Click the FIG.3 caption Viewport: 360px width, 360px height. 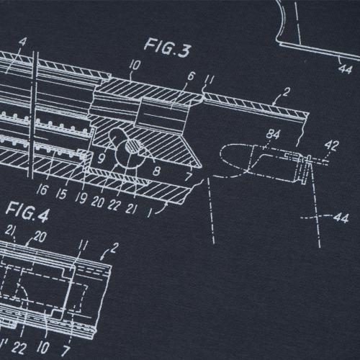pyautogui.click(x=168, y=48)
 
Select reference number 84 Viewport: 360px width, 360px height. pyautogui.click(x=273, y=135)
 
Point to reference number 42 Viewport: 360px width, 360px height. pyautogui.click(x=332, y=145)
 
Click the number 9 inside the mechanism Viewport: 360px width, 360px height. pyautogui.click(x=102, y=158)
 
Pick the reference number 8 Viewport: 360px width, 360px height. pyautogui.click(x=156, y=171)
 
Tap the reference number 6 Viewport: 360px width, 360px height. pyautogui.click(x=191, y=76)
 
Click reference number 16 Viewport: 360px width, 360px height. pyautogui.click(x=42, y=190)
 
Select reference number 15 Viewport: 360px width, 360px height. pyautogui.click(x=61, y=194)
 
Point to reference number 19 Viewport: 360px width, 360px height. pyautogui.click(x=80, y=198)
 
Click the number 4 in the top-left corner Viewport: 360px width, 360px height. pyautogui.click(x=22, y=42)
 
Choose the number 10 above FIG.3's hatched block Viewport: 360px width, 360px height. pyautogui.click(x=134, y=66)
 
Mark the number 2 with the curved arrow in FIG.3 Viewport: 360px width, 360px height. pyautogui.click(x=286, y=91)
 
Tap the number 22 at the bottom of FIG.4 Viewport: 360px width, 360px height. pyautogui.click(x=19, y=348)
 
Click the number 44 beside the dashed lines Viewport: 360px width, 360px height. pyautogui.click(x=341, y=218)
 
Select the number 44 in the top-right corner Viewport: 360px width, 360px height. pyautogui.click(x=345, y=69)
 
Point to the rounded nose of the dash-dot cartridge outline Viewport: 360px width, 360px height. pyautogui.click(x=224, y=154)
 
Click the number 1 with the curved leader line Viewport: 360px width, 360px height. pyautogui.click(x=150, y=212)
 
